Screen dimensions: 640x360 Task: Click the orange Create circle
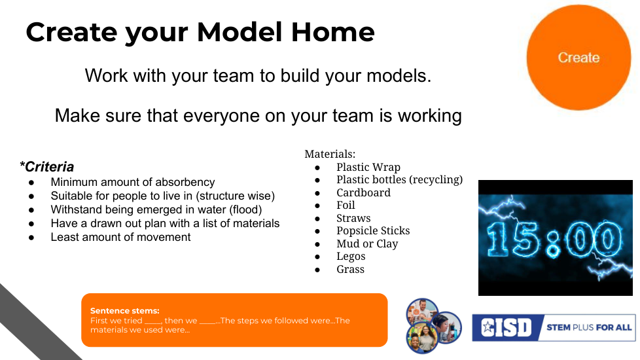point(578,58)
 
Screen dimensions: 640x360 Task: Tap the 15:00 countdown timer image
point(556,238)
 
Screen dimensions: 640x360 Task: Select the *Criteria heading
point(47,166)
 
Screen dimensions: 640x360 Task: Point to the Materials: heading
point(330,154)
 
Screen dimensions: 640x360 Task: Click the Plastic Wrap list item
point(368,167)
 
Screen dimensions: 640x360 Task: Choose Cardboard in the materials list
point(363,192)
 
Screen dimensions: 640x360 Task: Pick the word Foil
point(346,206)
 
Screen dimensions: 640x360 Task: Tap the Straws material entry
point(353,219)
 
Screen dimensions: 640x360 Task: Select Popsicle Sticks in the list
point(373,231)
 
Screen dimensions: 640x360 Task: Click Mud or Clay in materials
point(367,243)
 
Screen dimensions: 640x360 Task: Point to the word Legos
point(351,257)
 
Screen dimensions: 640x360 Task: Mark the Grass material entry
point(350,270)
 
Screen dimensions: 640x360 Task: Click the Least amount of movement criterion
point(120,237)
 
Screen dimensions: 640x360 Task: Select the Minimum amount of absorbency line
point(133,182)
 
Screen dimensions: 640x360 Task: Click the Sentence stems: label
point(124,311)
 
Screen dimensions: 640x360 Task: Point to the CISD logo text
point(506,327)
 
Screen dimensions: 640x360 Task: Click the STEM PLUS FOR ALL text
point(589,327)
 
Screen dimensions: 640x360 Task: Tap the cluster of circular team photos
point(433,325)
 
